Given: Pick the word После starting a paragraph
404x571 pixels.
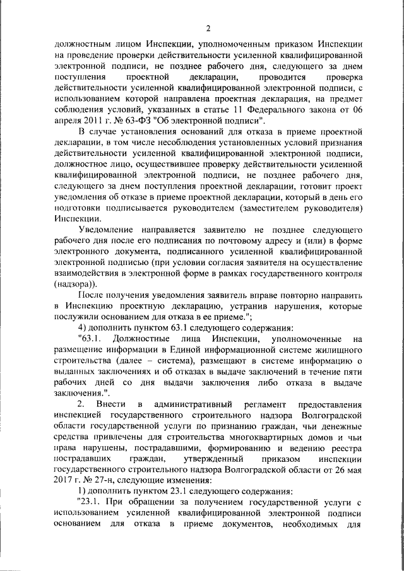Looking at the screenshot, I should click(x=88, y=295).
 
